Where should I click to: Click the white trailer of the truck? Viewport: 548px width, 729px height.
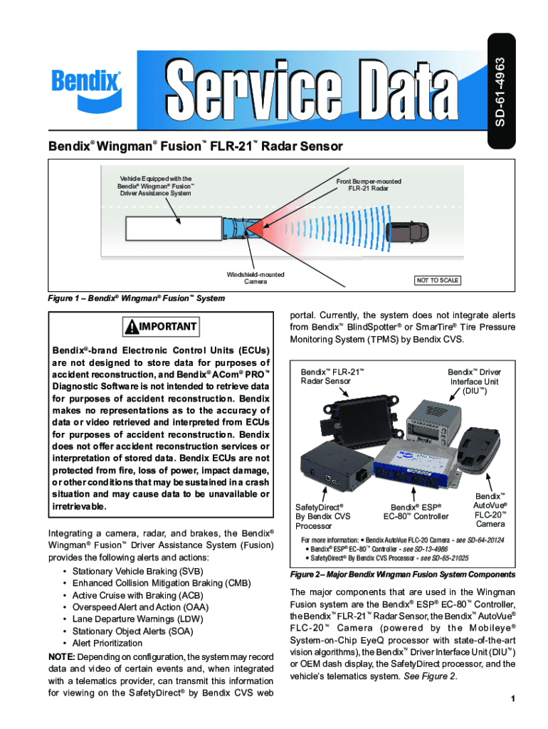pyautogui.click(x=174, y=229)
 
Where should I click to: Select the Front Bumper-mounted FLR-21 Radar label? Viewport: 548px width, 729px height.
pyautogui.click(x=368, y=185)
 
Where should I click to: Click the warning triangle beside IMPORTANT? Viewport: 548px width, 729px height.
pyautogui.click(x=133, y=327)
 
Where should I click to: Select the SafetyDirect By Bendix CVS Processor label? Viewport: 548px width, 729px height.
pyautogui.click(x=323, y=516)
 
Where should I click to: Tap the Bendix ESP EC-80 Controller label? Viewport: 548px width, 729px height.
pyautogui.click(x=416, y=511)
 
